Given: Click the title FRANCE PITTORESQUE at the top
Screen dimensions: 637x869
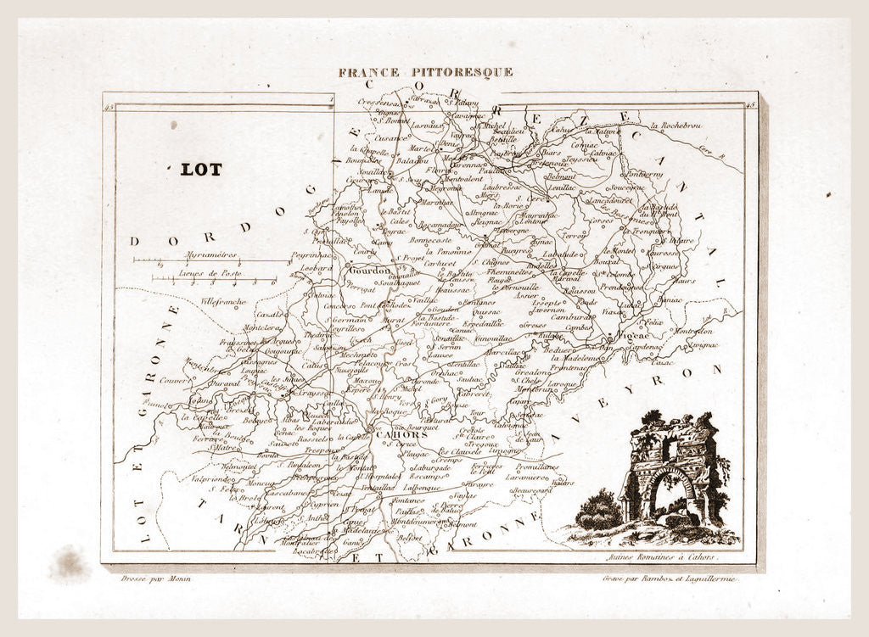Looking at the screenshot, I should pos(425,72).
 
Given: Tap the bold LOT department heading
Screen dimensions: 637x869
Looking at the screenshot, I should pos(201,170).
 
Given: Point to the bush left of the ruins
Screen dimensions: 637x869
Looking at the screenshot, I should pos(599,511).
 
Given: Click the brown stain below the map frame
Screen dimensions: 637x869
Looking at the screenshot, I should pos(70,563).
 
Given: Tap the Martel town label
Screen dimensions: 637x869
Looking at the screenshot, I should pos(421,148).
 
